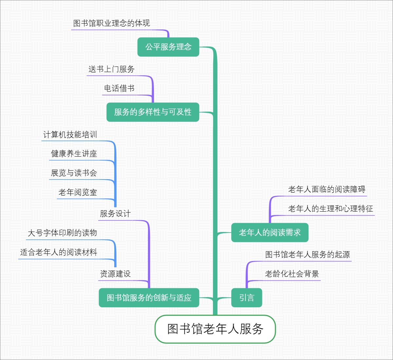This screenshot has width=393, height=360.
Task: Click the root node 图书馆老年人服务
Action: pos(215,329)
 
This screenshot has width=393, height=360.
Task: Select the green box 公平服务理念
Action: pos(168,47)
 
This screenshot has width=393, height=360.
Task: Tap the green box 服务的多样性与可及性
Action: pos(153,112)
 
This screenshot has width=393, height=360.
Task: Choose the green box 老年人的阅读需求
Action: pos(270,233)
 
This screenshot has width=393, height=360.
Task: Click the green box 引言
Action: pos(247,297)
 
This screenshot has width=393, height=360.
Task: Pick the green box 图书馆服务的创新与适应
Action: pos(149,297)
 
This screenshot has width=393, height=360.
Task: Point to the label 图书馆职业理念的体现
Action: pos(112,23)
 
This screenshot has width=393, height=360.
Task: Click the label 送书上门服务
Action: pos(112,69)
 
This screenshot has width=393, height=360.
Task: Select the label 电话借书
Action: pos(119,88)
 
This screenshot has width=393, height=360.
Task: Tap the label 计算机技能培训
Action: pos(70,135)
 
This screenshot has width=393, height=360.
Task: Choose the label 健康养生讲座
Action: pos(74,154)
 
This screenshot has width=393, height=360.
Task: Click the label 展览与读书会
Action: pos(74,173)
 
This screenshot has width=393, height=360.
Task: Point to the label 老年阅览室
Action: pos(78,192)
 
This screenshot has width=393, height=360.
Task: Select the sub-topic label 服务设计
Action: pos(115,214)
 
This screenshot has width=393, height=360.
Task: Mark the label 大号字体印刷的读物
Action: pos(63,233)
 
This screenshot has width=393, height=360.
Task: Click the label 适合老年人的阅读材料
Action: pos(59,252)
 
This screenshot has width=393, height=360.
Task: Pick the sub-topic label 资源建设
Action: pos(115,274)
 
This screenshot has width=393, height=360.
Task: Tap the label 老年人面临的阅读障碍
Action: pos(327,189)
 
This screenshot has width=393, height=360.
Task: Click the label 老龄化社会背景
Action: pos(292,274)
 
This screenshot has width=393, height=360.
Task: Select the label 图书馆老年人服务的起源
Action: pos(308,255)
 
